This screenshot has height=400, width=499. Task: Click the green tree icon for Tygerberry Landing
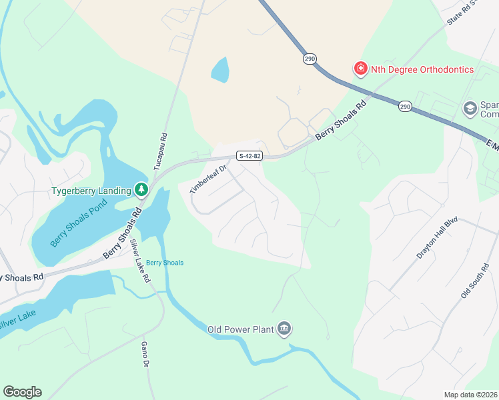(x=141, y=191)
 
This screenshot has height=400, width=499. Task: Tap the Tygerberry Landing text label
(x=91, y=191)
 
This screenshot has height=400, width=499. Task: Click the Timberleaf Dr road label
(x=208, y=179)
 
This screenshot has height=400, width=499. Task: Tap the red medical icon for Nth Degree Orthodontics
(x=360, y=69)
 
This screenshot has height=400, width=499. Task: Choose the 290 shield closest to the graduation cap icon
(x=405, y=106)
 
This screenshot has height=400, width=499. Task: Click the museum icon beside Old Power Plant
(x=284, y=328)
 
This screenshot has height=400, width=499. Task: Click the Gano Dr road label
(x=143, y=355)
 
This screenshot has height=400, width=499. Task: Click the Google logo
(x=22, y=392)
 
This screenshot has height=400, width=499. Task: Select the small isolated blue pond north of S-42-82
(x=219, y=69)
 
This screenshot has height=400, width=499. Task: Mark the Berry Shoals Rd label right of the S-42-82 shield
(x=341, y=121)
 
